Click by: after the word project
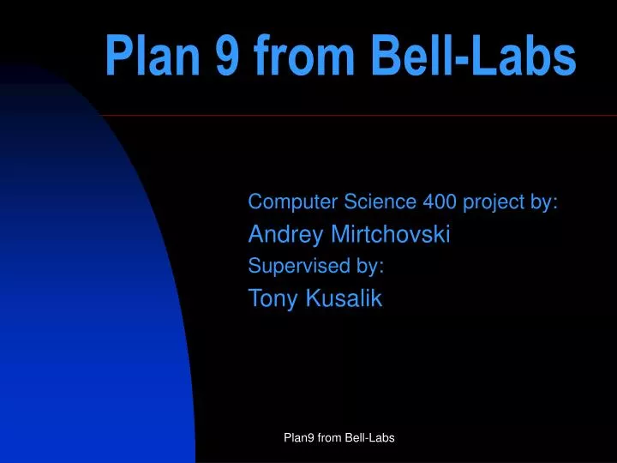[545, 203]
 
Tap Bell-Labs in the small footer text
[369, 438]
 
